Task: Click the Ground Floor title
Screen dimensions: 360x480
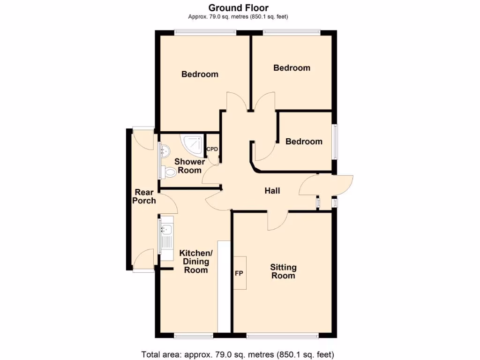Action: pyautogui.click(x=238, y=7)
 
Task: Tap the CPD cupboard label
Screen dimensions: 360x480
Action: pyautogui.click(x=212, y=150)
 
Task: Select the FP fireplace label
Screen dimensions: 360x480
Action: pyautogui.click(x=239, y=273)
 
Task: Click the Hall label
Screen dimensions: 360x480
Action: pyautogui.click(x=272, y=191)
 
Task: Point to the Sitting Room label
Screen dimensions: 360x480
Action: pyautogui.click(x=283, y=271)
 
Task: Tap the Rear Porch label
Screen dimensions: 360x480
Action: pyautogui.click(x=144, y=196)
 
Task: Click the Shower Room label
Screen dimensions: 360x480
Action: pyautogui.click(x=190, y=166)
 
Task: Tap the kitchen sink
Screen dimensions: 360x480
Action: pyautogui.click(x=167, y=230)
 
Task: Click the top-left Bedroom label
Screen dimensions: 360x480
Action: pyautogui.click(x=200, y=74)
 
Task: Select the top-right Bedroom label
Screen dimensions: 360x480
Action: pyautogui.click(x=292, y=68)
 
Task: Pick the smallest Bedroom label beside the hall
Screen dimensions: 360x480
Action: pyautogui.click(x=304, y=142)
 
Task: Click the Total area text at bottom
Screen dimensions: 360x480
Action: pyautogui.click(x=238, y=354)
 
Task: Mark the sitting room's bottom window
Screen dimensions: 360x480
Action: pyautogui.click(x=283, y=336)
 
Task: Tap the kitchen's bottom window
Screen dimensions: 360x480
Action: pyautogui.click(x=193, y=336)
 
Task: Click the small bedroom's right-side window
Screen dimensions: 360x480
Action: pyautogui.click(x=335, y=142)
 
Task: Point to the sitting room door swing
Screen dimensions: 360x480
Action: pyautogui.click(x=278, y=221)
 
